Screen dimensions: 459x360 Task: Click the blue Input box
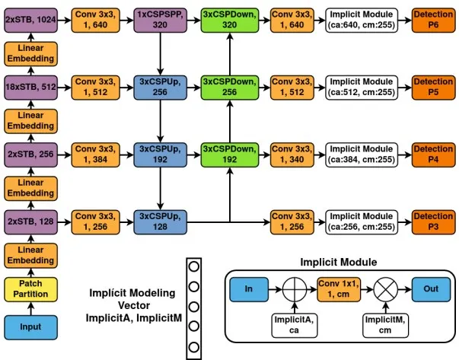[30, 327]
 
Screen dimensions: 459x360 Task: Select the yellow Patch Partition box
[30, 289]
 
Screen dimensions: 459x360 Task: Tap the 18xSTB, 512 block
[30, 88]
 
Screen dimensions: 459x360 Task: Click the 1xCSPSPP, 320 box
[160, 20]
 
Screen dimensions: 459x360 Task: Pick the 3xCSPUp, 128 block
[160, 221]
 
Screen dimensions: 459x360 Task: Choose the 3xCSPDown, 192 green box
[230, 155]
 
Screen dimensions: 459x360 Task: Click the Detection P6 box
[434, 20]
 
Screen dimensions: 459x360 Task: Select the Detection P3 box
[434, 221]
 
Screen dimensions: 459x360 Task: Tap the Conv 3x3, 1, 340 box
[292, 155]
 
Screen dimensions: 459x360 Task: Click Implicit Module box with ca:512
[362, 88]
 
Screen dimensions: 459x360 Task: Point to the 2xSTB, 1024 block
[30, 20]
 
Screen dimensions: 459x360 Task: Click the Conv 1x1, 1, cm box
[339, 289]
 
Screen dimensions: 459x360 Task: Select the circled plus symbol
[295, 289]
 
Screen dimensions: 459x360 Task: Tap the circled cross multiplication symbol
[386, 289]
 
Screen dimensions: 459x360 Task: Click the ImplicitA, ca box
[295, 326]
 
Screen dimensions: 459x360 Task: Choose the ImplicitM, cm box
[385, 326]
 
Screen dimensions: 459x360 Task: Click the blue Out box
[431, 289]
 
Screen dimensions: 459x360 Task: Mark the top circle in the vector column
[194, 266]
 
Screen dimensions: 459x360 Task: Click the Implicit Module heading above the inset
[339, 262]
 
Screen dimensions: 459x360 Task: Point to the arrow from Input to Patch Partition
[30, 308]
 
